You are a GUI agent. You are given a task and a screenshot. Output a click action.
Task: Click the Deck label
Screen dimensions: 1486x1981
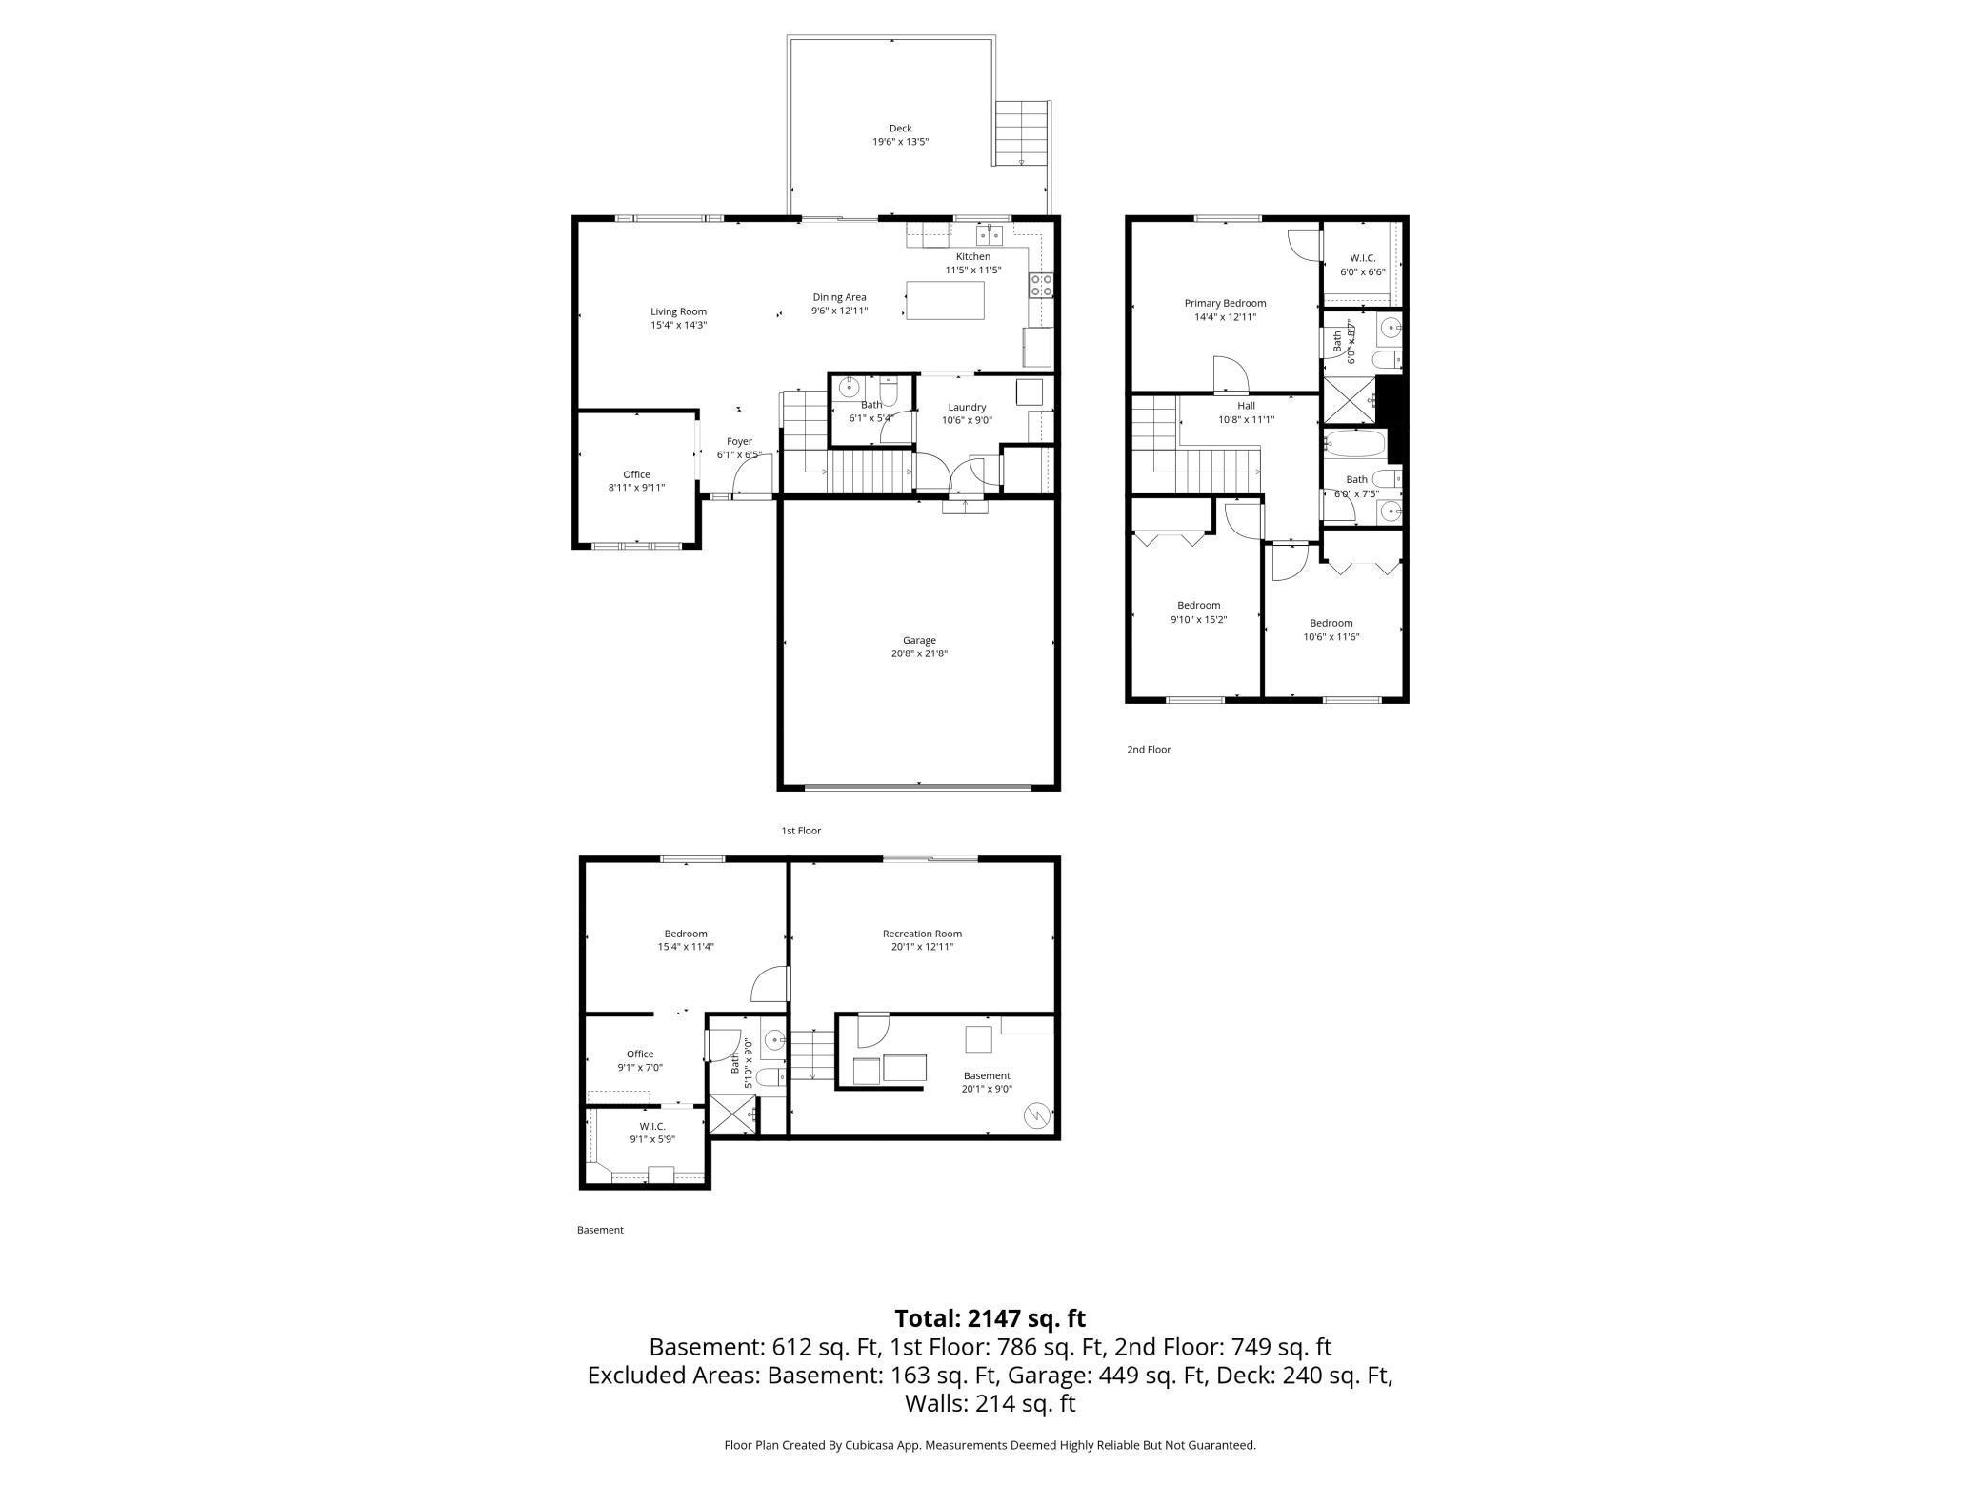(900, 129)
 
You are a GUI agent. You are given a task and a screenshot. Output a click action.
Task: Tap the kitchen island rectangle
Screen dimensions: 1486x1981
(945, 300)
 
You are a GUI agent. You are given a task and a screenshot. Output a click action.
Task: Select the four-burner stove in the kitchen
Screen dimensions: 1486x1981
(1040, 285)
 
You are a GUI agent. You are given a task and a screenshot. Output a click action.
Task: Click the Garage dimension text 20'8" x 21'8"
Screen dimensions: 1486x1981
(919, 653)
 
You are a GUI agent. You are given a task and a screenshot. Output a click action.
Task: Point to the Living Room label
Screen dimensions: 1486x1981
(678, 311)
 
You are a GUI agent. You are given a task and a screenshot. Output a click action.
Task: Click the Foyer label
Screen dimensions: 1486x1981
(739, 441)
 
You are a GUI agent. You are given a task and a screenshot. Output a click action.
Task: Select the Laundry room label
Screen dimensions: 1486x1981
(967, 407)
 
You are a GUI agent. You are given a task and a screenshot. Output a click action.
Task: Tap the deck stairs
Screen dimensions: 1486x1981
(1022, 132)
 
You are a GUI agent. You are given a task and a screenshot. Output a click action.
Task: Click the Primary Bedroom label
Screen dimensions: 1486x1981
(1225, 303)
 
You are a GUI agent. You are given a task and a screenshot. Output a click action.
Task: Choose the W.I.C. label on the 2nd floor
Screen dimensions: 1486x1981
(1362, 258)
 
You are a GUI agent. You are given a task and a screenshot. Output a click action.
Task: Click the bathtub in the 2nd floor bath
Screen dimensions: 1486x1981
(1354, 443)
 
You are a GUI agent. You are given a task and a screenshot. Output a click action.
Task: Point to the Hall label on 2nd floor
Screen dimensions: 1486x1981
(1246, 406)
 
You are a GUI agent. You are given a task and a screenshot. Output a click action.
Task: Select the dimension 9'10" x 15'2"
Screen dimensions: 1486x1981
(1198, 619)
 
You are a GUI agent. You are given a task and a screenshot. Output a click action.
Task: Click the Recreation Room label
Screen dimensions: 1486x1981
(921, 934)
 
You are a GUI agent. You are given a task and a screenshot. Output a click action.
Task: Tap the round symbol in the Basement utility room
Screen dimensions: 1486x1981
(1036, 1113)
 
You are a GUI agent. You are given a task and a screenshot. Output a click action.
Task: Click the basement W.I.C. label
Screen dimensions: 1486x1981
(652, 1126)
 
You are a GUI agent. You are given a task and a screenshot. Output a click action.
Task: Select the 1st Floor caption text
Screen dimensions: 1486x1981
(801, 831)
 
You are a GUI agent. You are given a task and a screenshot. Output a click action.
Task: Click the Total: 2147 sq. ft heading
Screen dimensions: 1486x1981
(990, 1318)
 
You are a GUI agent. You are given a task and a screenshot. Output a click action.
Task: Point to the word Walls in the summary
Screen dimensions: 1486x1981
(937, 1403)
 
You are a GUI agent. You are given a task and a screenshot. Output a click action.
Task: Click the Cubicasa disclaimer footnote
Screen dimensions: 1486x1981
(990, 1445)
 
